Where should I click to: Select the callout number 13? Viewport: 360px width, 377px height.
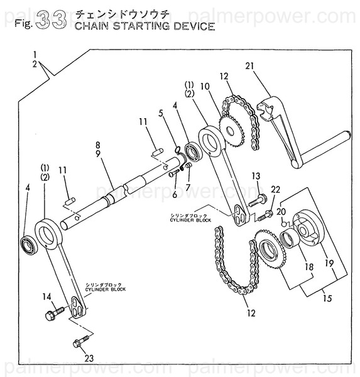pos(256,175)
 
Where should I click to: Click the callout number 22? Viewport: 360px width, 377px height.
pos(275,190)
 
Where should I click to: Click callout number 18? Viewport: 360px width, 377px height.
pos(308,267)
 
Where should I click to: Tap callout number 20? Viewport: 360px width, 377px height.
pos(281,212)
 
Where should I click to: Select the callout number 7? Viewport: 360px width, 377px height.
pos(187,188)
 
